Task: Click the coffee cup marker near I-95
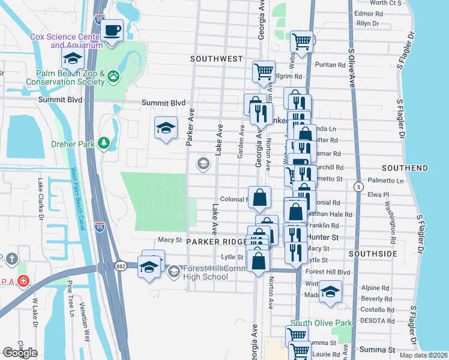click(x=112, y=30)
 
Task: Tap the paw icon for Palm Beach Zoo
click(x=113, y=76)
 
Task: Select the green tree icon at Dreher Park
click(x=104, y=143)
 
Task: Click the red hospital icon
click(x=23, y=280)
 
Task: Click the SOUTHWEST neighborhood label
click(x=216, y=59)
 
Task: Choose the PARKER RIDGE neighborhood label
click(x=217, y=241)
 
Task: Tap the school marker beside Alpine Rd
click(x=330, y=291)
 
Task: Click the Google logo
click(x=20, y=353)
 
